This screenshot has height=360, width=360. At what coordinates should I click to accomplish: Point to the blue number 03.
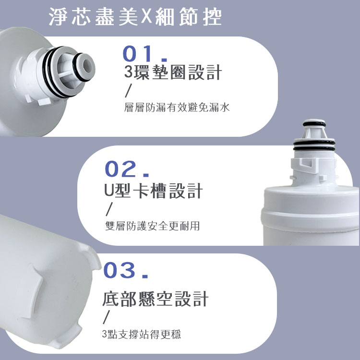coord(125,271)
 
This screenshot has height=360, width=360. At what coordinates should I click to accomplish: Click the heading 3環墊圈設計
coord(172,72)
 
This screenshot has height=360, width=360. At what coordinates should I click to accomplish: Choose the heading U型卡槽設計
coord(153,191)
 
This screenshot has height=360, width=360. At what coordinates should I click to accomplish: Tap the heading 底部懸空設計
coord(156,299)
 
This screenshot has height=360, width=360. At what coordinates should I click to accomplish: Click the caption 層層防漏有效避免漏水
coord(177,108)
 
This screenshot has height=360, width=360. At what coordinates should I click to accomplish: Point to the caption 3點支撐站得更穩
coord(142,334)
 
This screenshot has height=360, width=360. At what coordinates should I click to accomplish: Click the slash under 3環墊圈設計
coord(127,91)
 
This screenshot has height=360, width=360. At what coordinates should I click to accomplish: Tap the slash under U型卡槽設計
coord(108,209)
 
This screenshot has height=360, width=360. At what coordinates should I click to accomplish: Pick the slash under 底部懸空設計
coord(107,316)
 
